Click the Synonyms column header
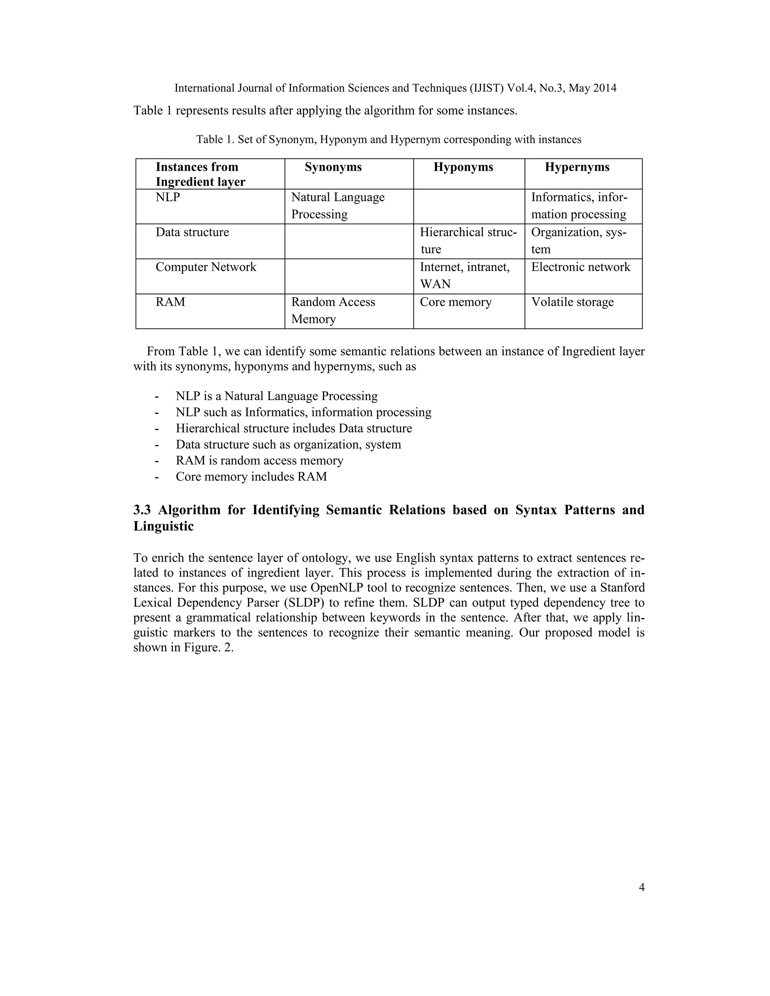pos(333,167)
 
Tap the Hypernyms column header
pos(577,167)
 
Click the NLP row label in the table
pos(168,197)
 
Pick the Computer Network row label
pos(206,267)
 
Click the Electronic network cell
pos(580,267)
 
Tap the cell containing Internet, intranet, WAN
pos(464,275)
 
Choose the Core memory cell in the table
pos(455,302)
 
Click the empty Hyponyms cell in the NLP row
pos(468,206)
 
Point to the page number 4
pos(641,887)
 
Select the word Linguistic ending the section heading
pos(163,526)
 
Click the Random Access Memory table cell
pos(333,310)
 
